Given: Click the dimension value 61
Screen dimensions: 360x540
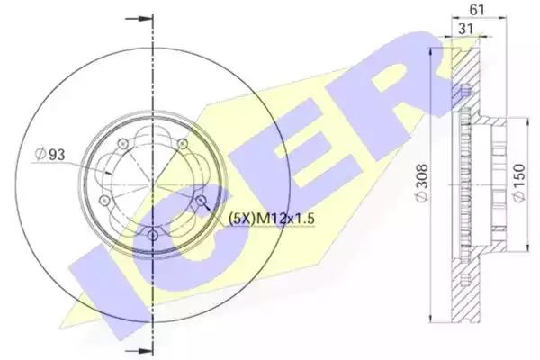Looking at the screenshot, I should coord(476,10).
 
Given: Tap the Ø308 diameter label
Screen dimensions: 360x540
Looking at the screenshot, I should coord(419,184).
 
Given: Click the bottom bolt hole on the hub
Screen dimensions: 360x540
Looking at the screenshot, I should coord(152,235).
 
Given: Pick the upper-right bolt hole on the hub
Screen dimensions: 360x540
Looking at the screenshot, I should coord(183,144).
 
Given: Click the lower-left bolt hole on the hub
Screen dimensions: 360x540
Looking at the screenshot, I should coord(103,200).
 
